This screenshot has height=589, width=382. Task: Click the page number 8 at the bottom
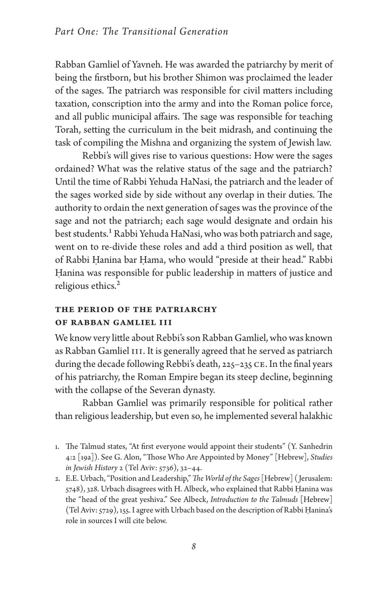[x=193, y=547]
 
